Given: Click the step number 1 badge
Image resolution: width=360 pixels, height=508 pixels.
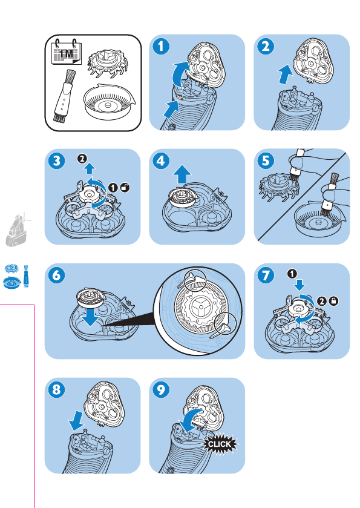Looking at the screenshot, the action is [x=161, y=47].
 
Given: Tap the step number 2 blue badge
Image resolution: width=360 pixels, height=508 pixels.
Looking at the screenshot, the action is [x=266, y=47].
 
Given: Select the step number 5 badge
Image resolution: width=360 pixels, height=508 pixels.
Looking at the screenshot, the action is [x=266, y=160].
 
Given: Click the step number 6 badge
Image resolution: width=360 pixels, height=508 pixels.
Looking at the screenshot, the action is [x=56, y=275].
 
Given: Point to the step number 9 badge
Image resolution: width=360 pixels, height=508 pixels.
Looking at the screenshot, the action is [x=161, y=389].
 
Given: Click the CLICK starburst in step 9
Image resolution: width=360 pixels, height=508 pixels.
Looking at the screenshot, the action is [x=220, y=444].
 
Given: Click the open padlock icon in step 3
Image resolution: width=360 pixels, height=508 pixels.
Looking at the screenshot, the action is [x=125, y=187].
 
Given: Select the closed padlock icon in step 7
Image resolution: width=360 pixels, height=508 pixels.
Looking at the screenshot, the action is [x=333, y=302].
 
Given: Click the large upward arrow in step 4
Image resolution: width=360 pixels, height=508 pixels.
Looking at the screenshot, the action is [x=182, y=174].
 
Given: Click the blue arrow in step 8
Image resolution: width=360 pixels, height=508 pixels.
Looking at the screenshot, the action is [x=77, y=421].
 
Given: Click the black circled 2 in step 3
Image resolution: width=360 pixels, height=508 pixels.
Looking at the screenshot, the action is [x=82, y=159].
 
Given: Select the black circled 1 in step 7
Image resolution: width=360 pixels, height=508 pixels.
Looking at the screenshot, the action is [x=292, y=274].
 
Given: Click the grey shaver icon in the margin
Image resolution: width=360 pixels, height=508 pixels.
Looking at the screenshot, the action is [x=18, y=229].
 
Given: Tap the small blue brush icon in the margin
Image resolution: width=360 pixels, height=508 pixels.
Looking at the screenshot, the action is [x=27, y=276].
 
